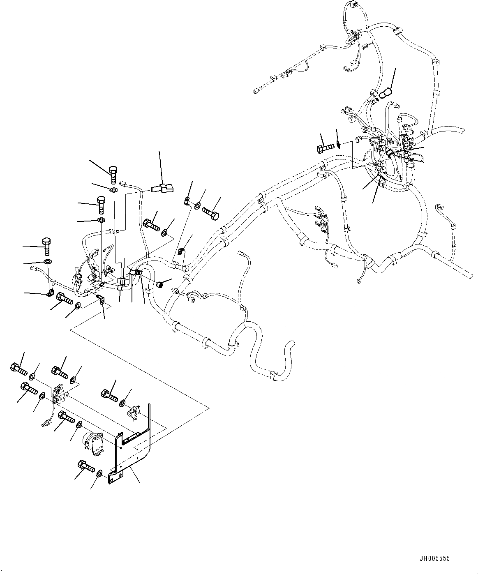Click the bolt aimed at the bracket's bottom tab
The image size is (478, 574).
85,467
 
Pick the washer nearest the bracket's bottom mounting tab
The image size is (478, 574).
99,474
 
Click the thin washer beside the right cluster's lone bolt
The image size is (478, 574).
337,144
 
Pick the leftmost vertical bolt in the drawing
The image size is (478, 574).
46,245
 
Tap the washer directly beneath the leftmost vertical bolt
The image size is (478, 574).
48,262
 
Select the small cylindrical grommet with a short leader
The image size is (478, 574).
161,284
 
